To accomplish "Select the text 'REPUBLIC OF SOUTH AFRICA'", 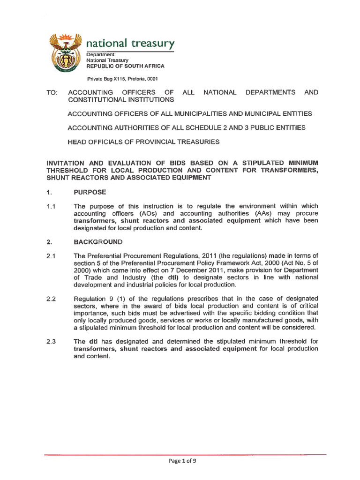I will [125, 67].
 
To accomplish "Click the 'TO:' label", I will [52, 93].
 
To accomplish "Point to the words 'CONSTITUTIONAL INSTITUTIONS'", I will [121, 100].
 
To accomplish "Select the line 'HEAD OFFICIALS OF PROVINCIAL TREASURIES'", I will [143, 141].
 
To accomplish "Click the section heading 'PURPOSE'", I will [90, 192].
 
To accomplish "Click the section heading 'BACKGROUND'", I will [98, 242].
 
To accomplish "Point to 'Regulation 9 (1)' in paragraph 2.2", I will [97, 299].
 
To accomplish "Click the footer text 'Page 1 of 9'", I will [182, 461].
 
